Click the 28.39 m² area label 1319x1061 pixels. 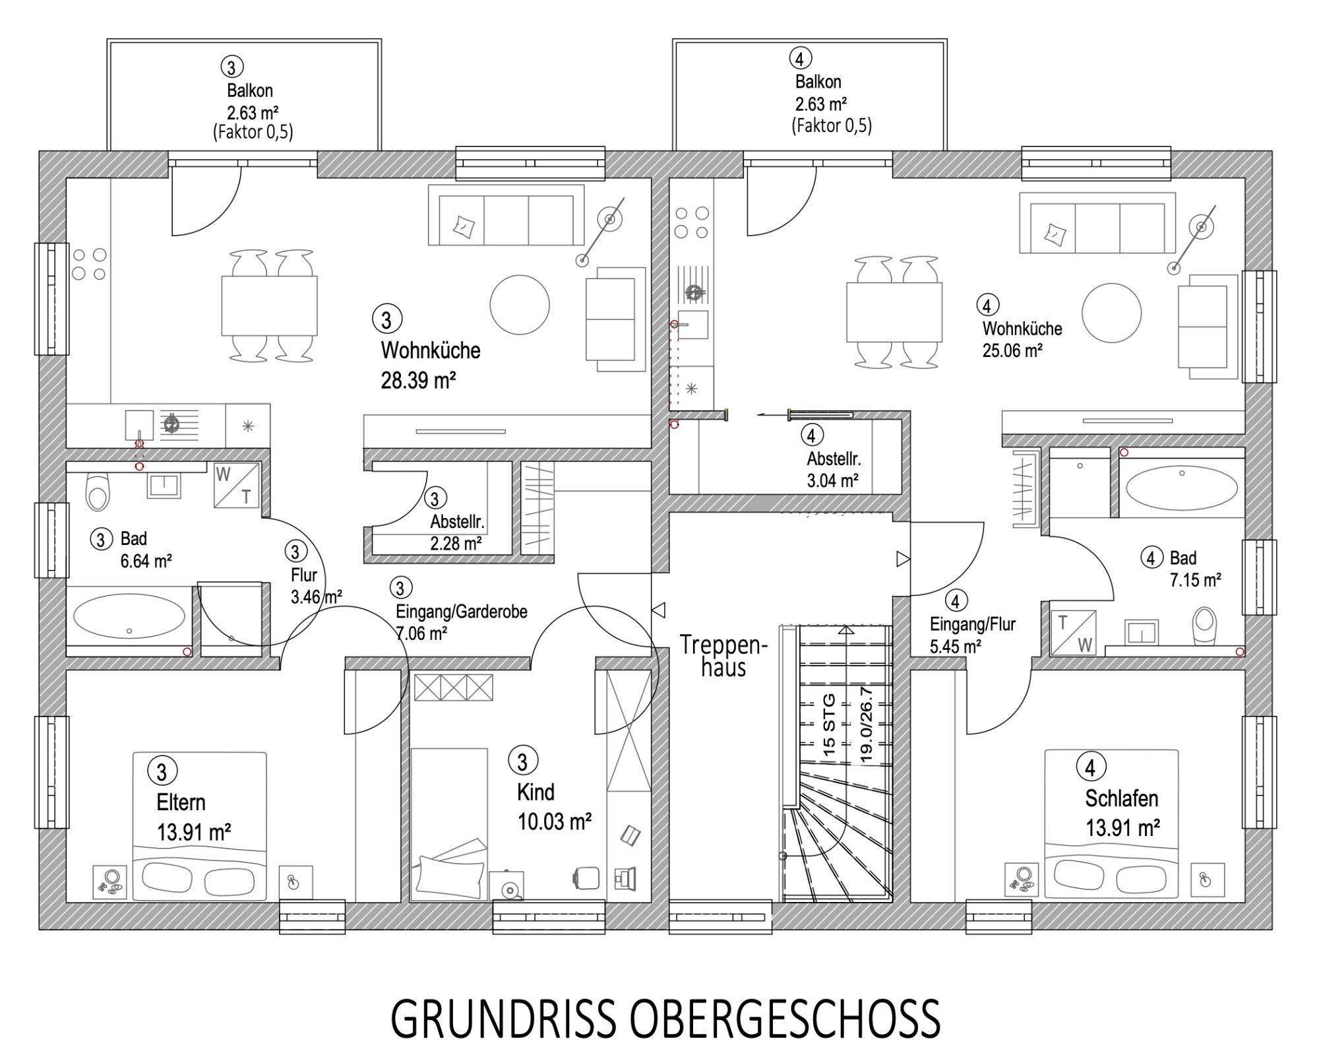point(419,381)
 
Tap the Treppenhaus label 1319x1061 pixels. point(723,656)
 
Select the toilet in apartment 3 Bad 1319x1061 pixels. point(98,492)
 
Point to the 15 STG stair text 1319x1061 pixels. point(829,724)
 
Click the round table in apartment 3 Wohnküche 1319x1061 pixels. point(520,305)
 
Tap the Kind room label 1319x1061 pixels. point(536,792)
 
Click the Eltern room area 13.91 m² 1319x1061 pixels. point(194,832)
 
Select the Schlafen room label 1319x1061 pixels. point(1122,798)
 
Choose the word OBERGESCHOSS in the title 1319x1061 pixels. point(785,1019)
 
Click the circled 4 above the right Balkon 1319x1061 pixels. point(800,59)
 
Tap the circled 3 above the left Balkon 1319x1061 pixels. point(231,67)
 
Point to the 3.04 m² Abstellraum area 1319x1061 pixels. point(832,480)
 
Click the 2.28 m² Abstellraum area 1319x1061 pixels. point(456,544)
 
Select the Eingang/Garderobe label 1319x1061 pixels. point(462,612)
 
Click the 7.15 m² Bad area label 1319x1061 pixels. point(1195,580)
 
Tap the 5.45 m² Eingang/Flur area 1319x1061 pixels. point(956,646)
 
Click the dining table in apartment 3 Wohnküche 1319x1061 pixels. point(269,305)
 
